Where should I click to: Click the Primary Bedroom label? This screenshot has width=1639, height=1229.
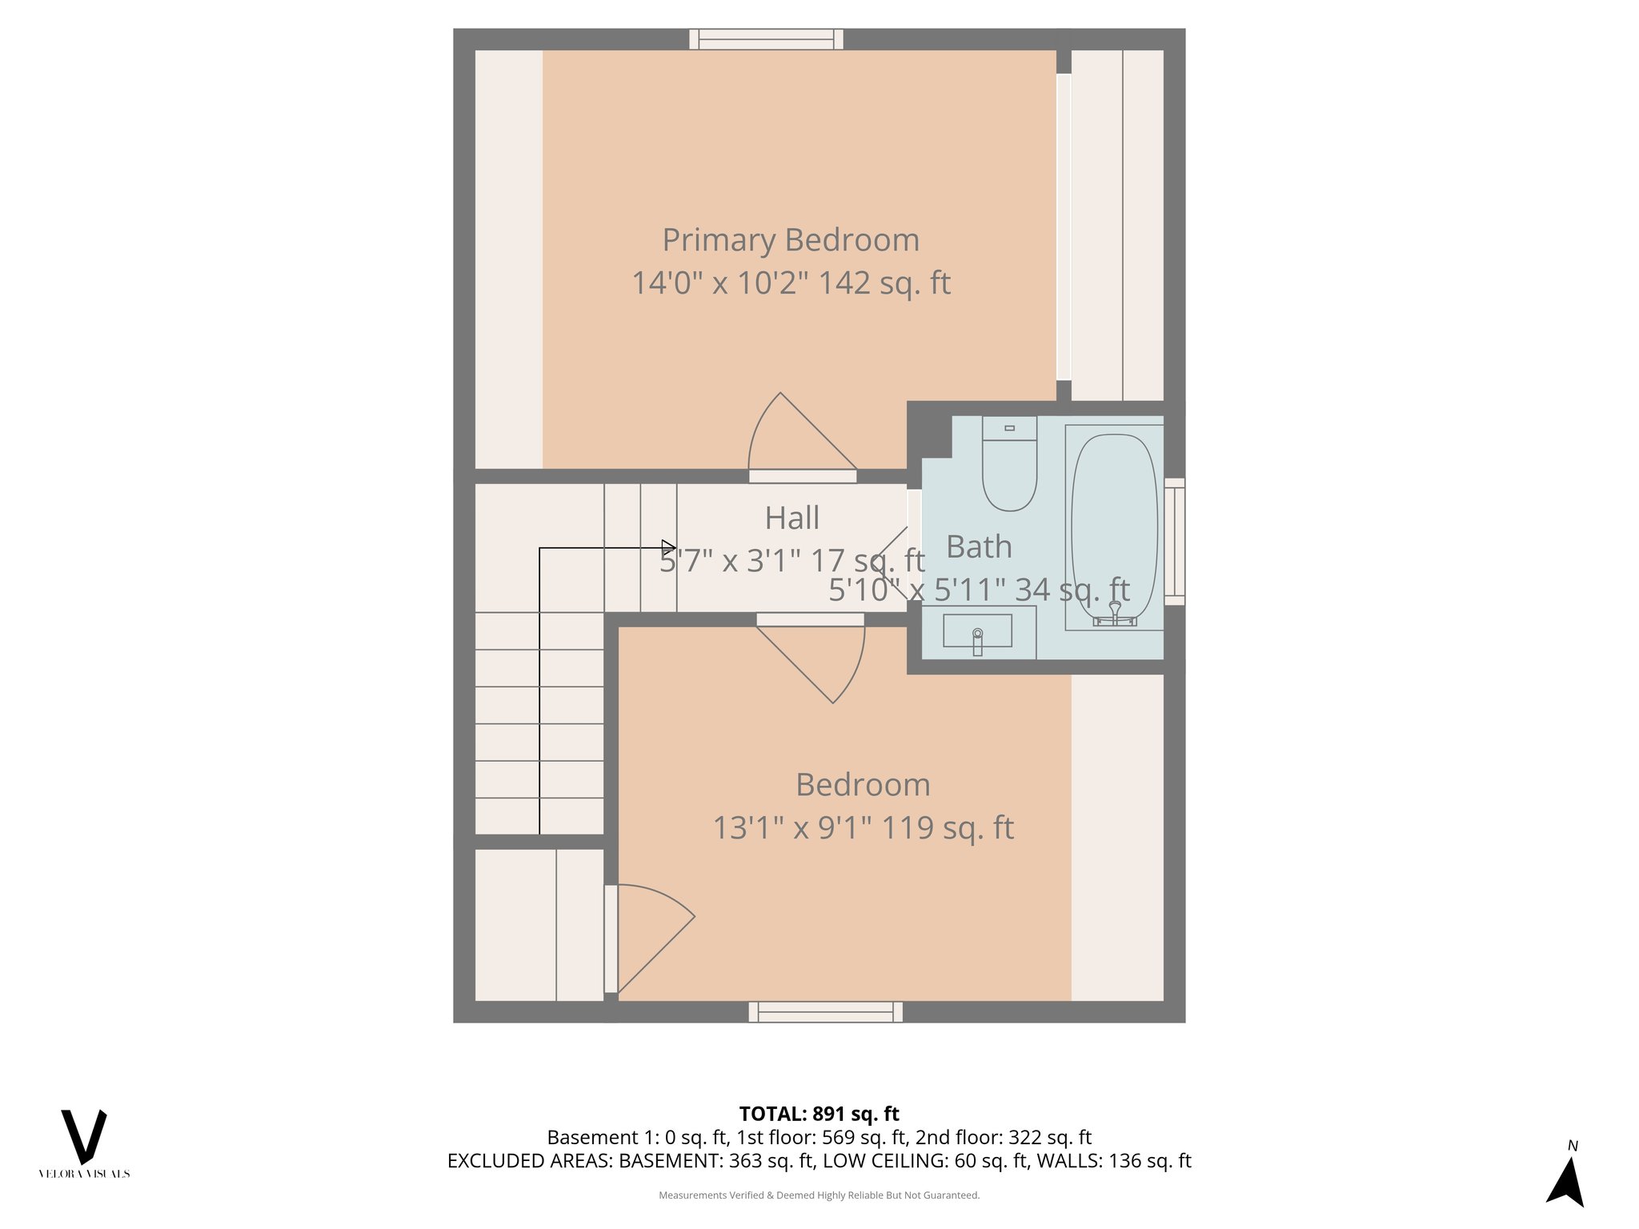(x=791, y=240)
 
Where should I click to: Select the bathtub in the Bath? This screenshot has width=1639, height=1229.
(x=1114, y=524)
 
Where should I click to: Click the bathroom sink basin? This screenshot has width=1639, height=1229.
(x=977, y=631)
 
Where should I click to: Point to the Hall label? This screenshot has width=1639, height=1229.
(x=791, y=518)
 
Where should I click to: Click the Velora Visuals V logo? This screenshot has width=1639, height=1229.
(x=84, y=1136)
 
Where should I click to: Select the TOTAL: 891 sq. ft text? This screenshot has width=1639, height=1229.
(x=819, y=1114)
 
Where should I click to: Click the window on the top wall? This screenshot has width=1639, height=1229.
(x=766, y=39)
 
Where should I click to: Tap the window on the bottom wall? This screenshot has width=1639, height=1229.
(x=825, y=1012)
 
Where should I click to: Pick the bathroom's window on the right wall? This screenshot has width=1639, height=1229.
(x=1174, y=541)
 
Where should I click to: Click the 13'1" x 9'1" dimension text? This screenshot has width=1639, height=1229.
(x=863, y=828)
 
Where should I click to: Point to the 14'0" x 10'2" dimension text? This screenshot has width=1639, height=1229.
(x=791, y=283)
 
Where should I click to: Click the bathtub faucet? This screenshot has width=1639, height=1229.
(x=1115, y=614)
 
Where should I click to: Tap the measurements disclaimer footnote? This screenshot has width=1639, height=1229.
(x=819, y=1195)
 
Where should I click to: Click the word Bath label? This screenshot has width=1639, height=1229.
(x=979, y=547)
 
